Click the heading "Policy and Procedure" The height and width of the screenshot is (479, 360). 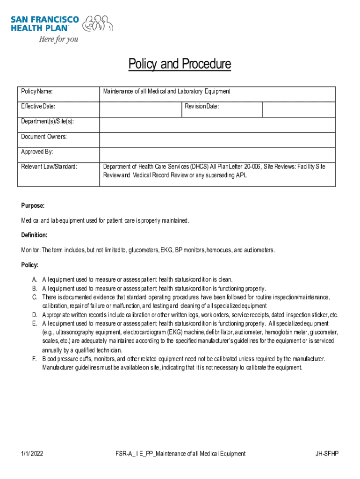coord(180,64)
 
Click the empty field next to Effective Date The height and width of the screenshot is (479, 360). coord(140,109)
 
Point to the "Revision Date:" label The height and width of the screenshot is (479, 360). coord(202,107)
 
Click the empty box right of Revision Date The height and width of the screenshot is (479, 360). coord(298,109)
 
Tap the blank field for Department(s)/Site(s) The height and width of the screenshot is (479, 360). coord(217,124)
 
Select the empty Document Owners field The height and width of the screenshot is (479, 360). coord(217,139)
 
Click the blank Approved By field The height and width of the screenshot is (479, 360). coord(217,154)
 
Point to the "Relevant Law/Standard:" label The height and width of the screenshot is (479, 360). coord(49,167)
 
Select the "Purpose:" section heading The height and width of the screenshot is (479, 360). coord(33,206)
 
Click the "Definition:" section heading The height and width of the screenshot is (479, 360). coord(34,235)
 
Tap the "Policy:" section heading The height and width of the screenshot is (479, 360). coord(29,265)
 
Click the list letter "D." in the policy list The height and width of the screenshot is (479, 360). coord(35,315)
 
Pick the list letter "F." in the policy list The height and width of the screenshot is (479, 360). coord(35,359)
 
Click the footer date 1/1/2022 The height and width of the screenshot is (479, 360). coord(32,453)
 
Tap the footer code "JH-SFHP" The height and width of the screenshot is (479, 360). coord(327,453)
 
